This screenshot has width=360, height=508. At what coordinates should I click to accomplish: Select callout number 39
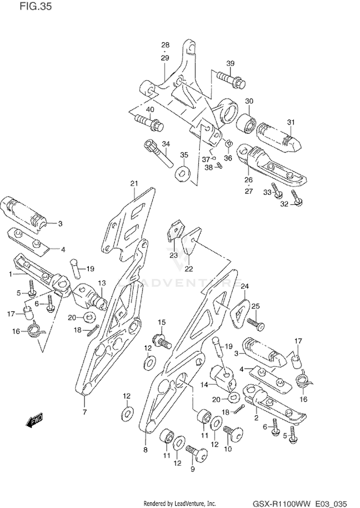[230, 63]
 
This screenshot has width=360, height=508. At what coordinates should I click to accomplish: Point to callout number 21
[134, 184]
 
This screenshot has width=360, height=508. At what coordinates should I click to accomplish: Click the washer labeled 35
[182, 172]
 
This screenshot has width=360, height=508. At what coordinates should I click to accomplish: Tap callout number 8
[145, 450]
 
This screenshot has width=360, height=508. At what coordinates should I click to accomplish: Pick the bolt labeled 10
[233, 432]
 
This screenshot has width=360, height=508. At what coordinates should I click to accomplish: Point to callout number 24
[245, 286]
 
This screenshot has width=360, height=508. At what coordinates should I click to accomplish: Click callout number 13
[101, 283]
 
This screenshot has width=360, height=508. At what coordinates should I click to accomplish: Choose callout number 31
[291, 122]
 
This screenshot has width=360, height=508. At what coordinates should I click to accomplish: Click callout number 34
[166, 143]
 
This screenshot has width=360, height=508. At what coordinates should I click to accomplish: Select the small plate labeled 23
[175, 231]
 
